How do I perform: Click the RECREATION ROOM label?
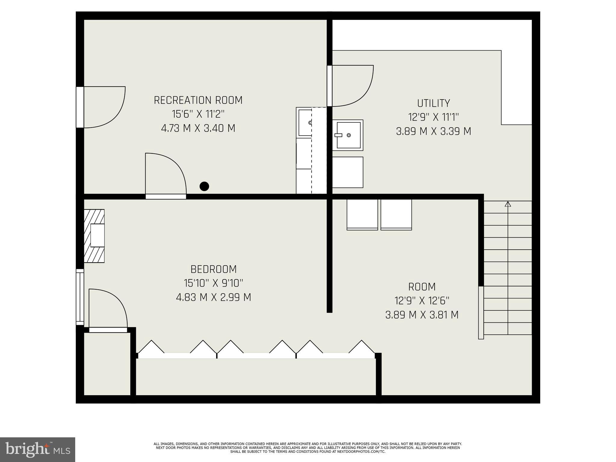pos(198,100)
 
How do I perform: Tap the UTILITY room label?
pos(433,103)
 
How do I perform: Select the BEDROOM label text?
pos(213,269)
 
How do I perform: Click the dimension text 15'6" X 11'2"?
pos(198,114)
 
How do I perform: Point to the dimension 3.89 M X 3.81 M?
pos(422,315)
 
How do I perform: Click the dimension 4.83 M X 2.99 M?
pos(213,297)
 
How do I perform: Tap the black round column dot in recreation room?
pos(204,186)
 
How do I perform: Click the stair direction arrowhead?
pos(508,204)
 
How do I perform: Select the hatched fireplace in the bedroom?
pos(94,236)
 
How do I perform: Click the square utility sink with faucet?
pos(348,135)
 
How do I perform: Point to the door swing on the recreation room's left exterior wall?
pos(102,107)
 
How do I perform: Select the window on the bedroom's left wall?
pos(80,297)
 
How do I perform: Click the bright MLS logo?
pos(37,449)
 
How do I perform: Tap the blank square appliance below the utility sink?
pos(348,172)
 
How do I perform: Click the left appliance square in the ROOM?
pos(362,214)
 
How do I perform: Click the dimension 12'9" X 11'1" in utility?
pos(433,117)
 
